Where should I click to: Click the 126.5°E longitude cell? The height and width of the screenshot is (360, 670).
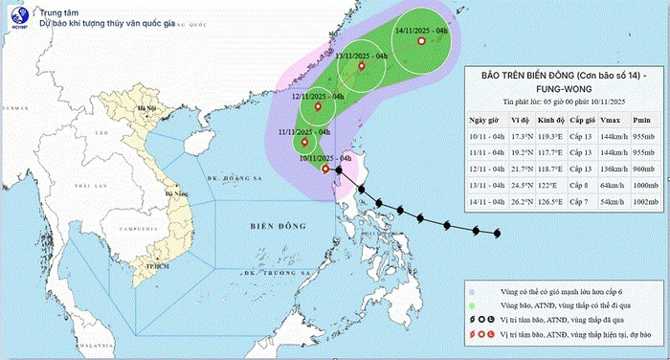pos(547,202)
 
